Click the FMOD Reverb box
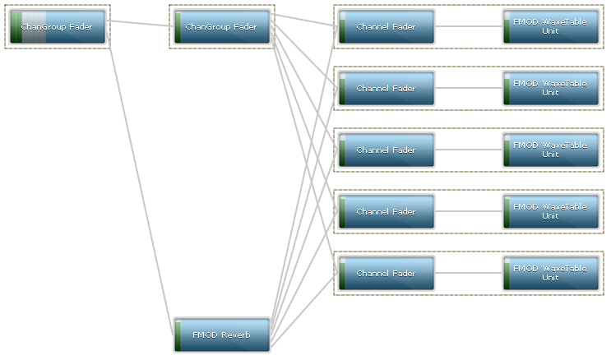click(222, 335)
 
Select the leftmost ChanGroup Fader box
click(58, 27)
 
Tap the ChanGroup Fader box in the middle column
click(222, 27)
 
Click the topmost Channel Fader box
click(387, 27)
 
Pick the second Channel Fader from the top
click(387, 89)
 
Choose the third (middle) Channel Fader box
click(387, 150)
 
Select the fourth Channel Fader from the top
click(387, 212)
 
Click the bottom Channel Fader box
click(387, 274)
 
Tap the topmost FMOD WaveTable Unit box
click(551, 26)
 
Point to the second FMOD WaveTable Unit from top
click(551, 88)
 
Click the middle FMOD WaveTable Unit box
click(551, 150)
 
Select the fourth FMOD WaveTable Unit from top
click(551, 211)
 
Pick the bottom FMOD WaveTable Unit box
click(551, 273)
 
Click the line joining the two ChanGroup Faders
click(140, 23)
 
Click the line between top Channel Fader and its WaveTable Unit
click(469, 26)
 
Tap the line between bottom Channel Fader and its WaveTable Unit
click(469, 273)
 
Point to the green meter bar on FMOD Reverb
click(178, 335)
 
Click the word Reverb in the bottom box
click(235, 335)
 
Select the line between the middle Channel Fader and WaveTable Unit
click(469, 150)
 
